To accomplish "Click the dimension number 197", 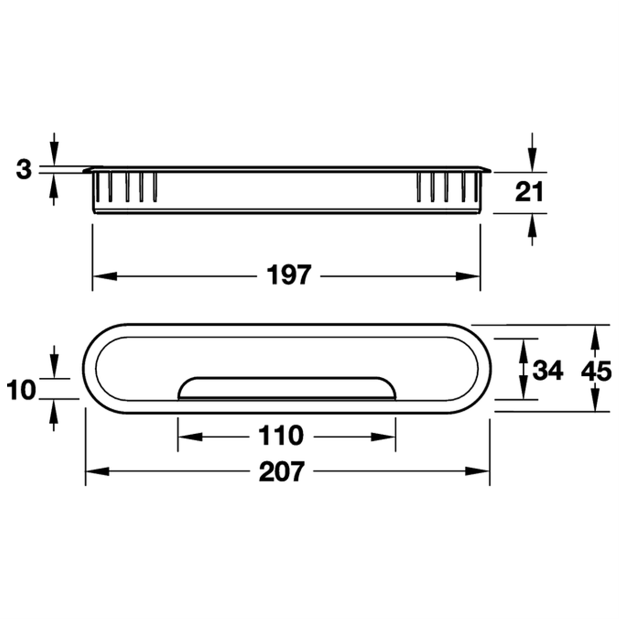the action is (x=289, y=275).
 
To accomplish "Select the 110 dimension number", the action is (x=281, y=436).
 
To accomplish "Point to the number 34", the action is (x=548, y=370).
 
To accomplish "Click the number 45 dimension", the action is (x=596, y=371).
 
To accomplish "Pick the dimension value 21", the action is (x=529, y=192).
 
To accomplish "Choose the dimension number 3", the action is (x=24, y=170).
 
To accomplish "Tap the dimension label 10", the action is (x=21, y=390).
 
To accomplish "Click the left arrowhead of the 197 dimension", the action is (x=105, y=276).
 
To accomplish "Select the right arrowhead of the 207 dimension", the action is (x=477, y=472).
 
